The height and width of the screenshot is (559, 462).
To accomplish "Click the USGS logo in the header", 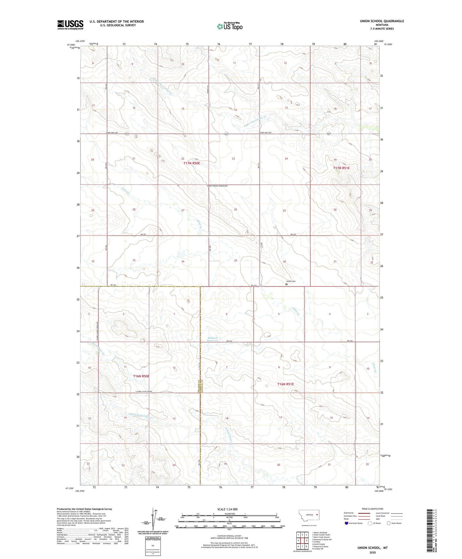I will pyautogui.click(x=70, y=25).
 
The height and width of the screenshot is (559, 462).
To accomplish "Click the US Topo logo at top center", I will pyautogui.click(x=230, y=26).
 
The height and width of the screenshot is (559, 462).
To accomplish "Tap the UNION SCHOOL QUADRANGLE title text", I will pyautogui.click(x=382, y=21).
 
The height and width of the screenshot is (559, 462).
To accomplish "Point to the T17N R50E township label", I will pyautogui.click(x=192, y=163).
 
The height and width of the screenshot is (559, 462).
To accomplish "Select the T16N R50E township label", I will pyautogui.click(x=141, y=376).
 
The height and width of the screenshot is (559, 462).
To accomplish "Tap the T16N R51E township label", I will pyautogui.click(x=285, y=384).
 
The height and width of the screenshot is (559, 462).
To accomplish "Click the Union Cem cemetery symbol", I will pyautogui.click(x=286, y=284).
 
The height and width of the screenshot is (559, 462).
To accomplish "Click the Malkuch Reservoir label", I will pyautogui.click(x=212, y=339).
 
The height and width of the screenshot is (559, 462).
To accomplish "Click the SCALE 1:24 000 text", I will pyautogui.click(x=227, y=509).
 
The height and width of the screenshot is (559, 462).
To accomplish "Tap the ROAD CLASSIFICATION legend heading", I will pyautogui.click(x=372, y=509).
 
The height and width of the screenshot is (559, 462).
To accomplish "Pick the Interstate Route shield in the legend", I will pyautogui.click(x=347, y=523).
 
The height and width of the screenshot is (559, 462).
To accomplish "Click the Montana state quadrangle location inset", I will pyautogui.click(x=309, y=516).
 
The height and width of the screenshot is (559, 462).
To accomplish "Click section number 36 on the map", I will pyautogui.click(x=284, y=262).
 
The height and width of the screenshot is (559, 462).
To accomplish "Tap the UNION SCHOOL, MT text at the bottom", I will pyautogui.click(x=372, y=548).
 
